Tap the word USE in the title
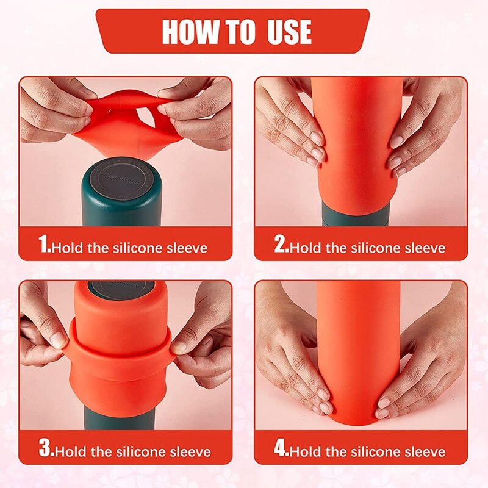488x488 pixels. [289, 32]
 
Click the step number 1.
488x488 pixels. [44, 243]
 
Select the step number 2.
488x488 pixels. [282, 243]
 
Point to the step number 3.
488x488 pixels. [46, 448]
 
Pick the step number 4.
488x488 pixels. [282, 448]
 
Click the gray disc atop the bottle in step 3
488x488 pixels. [121, 289]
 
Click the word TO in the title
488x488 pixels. [240, 32]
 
